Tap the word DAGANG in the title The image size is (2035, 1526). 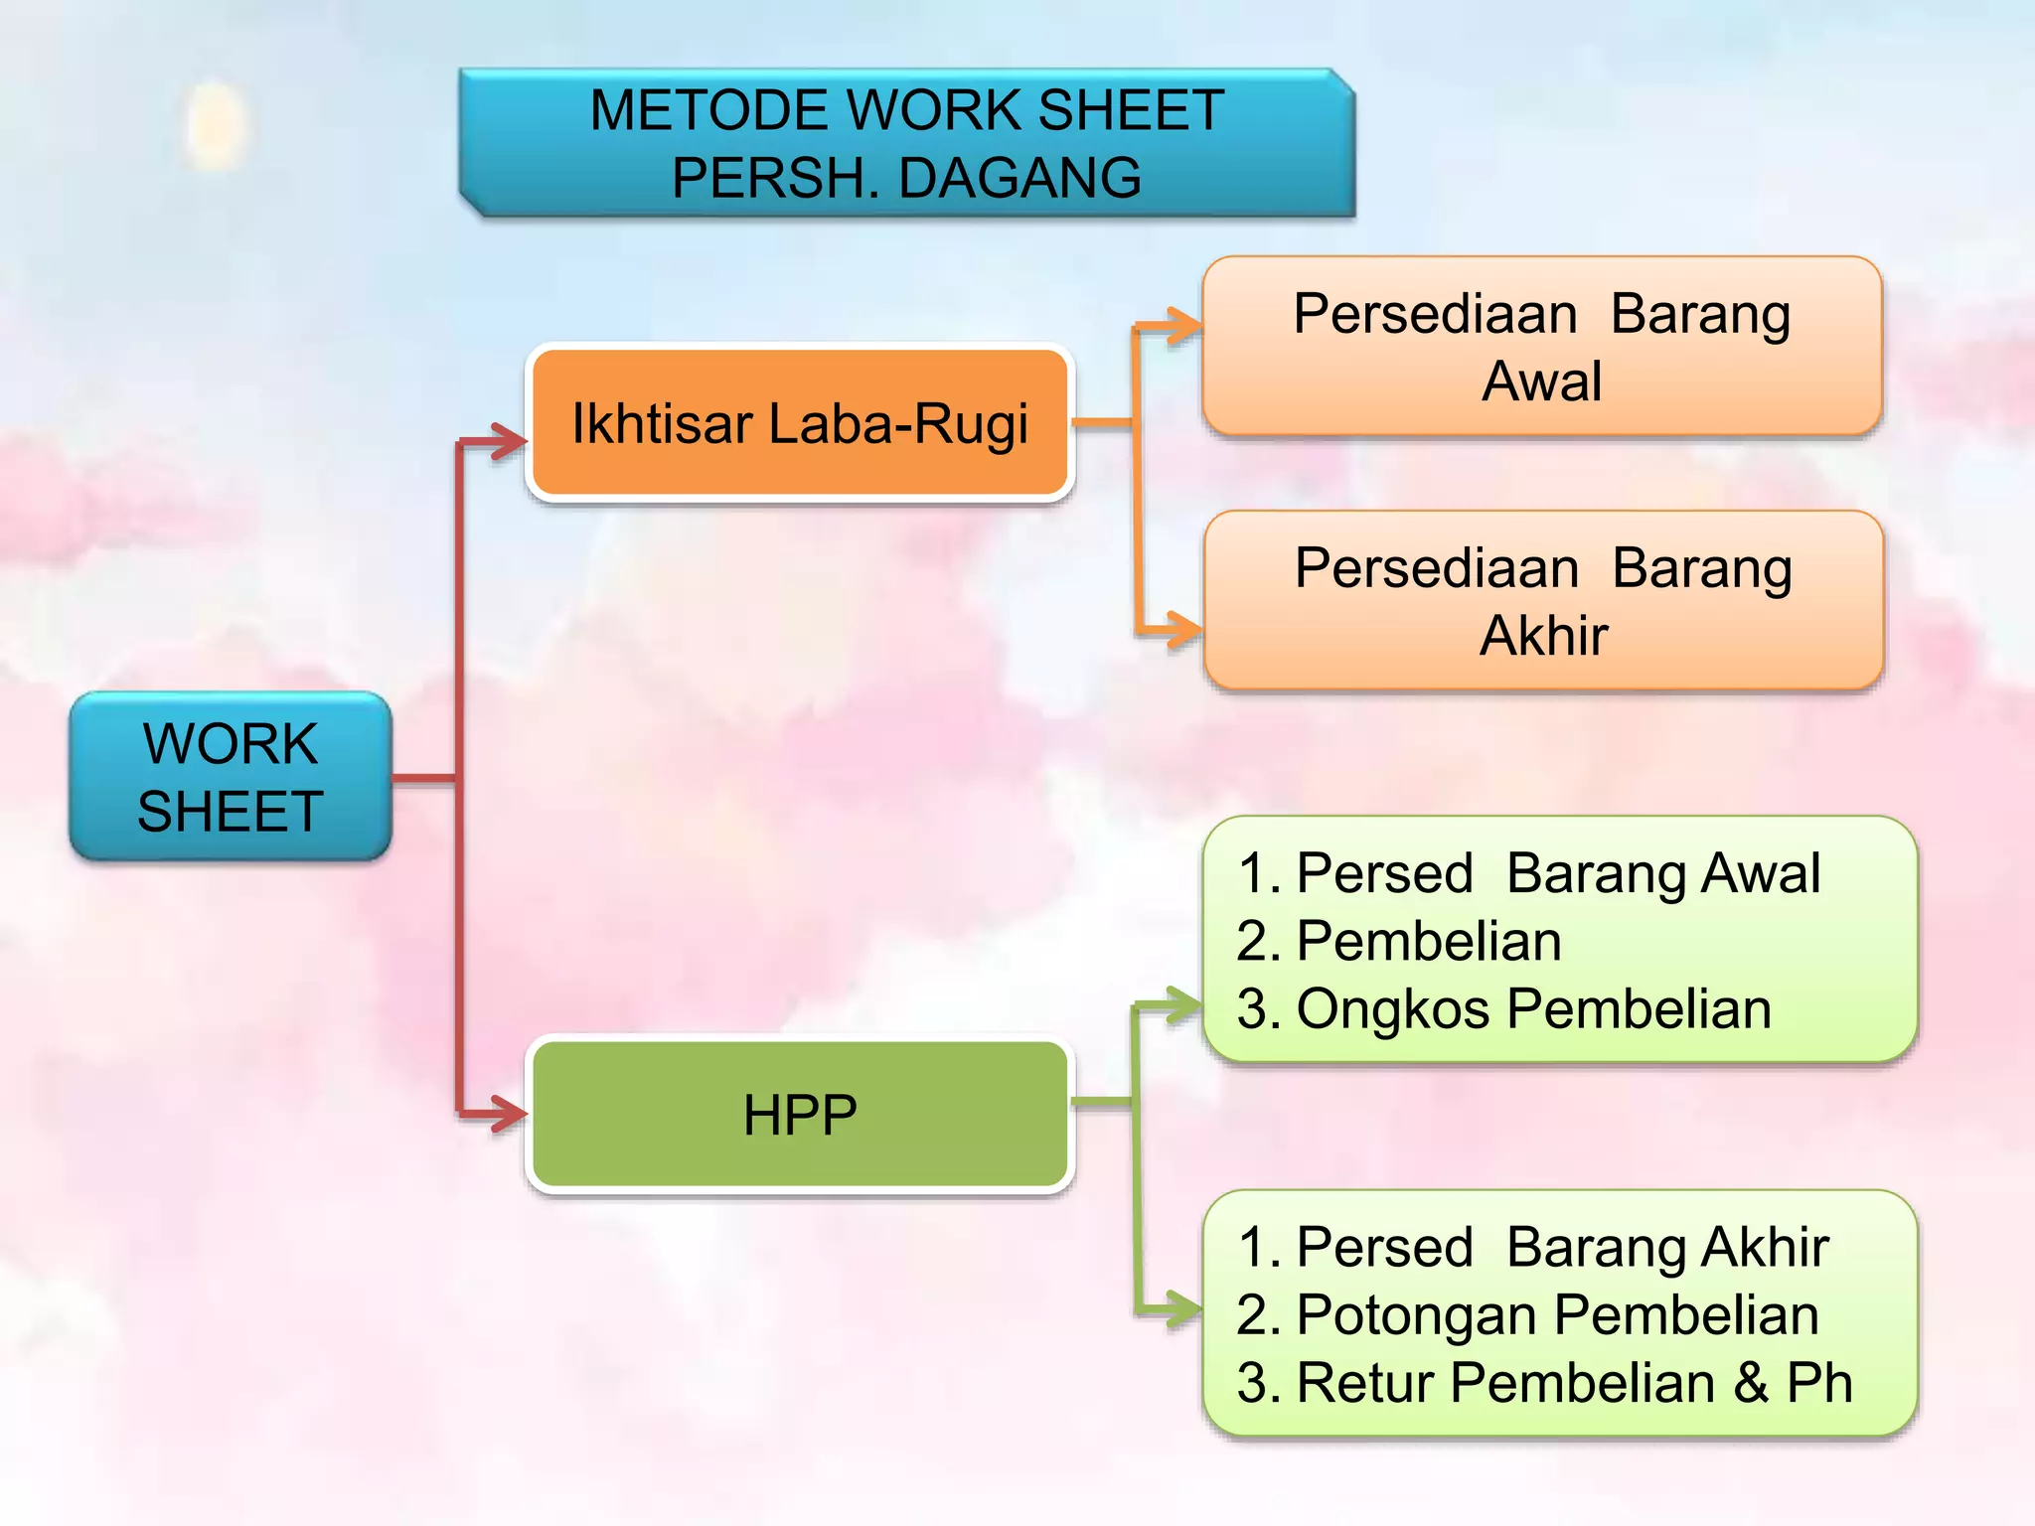[1019, 178]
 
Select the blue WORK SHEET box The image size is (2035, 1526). [230, 777]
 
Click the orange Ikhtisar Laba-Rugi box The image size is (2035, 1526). [800, 423]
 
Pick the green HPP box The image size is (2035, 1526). [800, 1115]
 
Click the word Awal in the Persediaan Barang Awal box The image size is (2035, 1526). [1541, 381]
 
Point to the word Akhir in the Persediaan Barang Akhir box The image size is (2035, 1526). [1543, 636]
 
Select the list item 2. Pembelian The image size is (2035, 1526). [1399, 941]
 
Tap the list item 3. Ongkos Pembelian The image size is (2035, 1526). [1503, 1008]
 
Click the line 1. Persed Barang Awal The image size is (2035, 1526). [1528, 873]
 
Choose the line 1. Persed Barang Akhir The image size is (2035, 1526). [1532, 1247]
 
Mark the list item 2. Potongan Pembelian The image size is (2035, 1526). [1527, 1314]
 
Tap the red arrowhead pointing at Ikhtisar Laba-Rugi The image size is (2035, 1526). [509, 441]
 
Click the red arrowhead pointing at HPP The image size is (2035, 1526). [509, 1115]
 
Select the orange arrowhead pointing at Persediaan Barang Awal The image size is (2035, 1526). [1183, 325]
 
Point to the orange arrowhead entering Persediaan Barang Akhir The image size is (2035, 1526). [1183, 629]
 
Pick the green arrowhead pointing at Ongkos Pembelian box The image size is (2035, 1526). [1183, 1005]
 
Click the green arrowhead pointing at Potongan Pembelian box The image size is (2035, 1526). [1183, 1308]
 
